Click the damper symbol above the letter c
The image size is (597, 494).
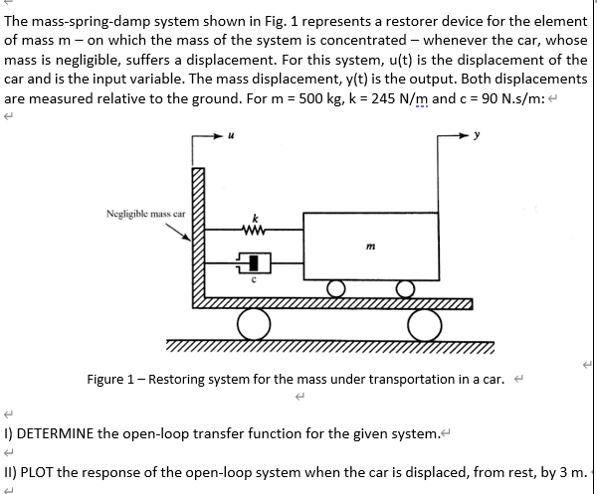tap(255, 263)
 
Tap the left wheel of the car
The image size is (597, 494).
tap(254, 323)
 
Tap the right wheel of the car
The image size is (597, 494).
tap(424, 323)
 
